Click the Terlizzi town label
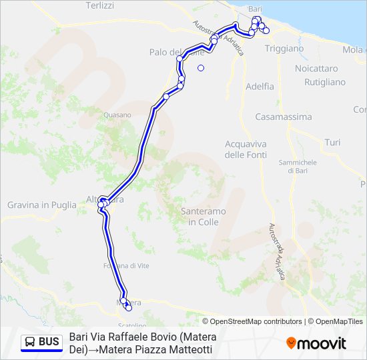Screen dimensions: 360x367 coord(100,5)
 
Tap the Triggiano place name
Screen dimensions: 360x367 coord(284,49)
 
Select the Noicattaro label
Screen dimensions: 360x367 coord(316,69)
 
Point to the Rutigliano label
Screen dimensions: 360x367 coord(325,82)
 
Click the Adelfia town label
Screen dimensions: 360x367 coord(260,86)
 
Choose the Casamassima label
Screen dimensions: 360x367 coord(284,117)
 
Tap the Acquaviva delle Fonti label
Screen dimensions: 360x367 coord(246,149)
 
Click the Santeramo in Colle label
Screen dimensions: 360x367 coord(203,216)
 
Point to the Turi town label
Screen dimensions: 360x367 coord(332,143)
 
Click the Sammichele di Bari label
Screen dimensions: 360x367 coord(297,167)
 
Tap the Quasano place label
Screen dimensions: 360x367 coord(117,115)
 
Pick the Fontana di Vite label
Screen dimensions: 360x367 coord(129,265)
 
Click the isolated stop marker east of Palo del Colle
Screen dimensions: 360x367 coord(201,67)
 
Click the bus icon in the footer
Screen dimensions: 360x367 coord(30,343)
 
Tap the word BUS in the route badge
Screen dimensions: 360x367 coord(49,343)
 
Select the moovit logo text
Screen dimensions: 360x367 coord(322,343)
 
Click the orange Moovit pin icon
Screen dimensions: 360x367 coord(291,343)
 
